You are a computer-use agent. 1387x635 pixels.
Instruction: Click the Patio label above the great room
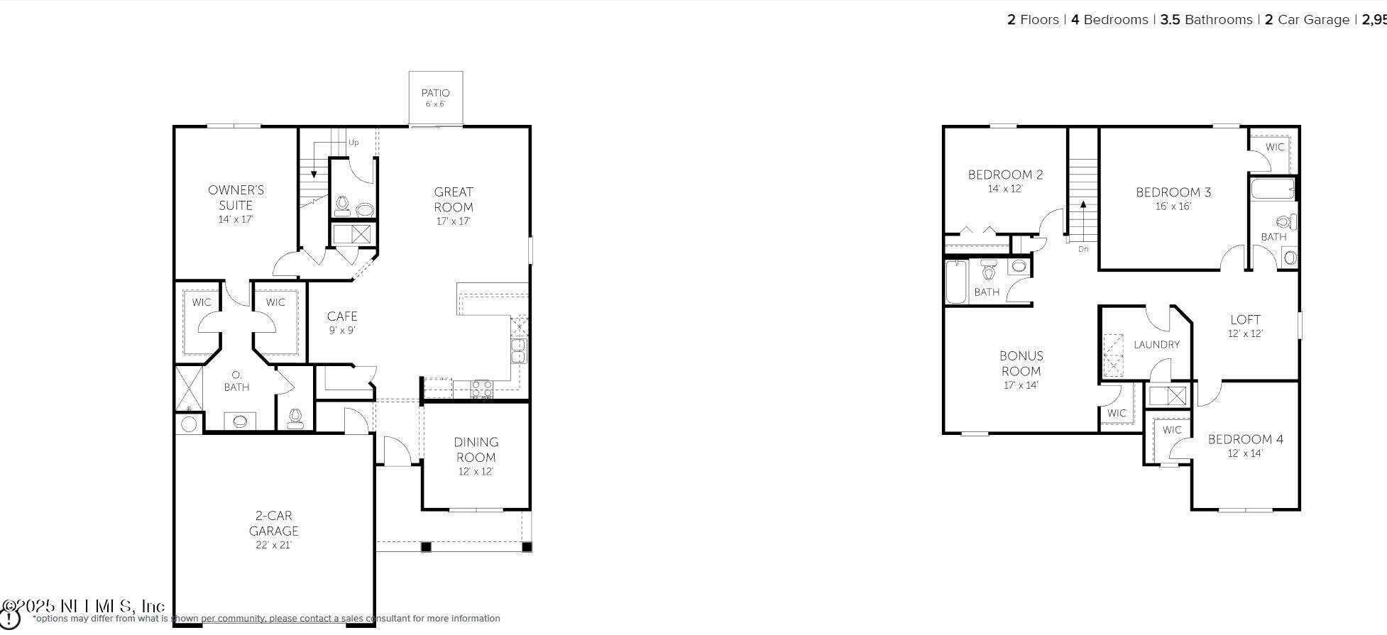coord(435,93)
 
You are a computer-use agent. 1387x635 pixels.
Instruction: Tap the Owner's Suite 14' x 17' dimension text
coord(236,219)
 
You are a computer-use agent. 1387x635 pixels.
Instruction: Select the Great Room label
coord(454,199)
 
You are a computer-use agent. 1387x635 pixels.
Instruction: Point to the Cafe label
coord(342,316)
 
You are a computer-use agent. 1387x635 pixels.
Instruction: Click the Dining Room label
coord(476,450)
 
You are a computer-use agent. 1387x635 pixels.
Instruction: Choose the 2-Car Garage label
coord(273,524)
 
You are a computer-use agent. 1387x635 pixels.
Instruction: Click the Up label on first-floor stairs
coord(353,143)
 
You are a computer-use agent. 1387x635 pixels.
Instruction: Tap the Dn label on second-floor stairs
coord(1083,249)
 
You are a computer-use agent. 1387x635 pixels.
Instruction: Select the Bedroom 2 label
coord(1005,175)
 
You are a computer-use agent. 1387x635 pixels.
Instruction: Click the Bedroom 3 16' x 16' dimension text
coord(1173,206)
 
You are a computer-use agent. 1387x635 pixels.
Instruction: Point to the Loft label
coord(1245,319)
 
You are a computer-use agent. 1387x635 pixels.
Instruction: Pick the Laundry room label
coord(1156,345)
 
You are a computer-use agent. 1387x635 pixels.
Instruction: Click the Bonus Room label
coord(1021,363)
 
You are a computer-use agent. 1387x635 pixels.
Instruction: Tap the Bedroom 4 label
coord(1245,439)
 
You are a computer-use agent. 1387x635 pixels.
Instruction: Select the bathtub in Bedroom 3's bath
coord(1272,189)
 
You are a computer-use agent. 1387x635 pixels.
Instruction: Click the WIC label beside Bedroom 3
coord(1275,147)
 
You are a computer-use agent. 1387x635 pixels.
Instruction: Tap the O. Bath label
coord(236,381)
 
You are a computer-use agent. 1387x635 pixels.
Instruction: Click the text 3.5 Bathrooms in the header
coord(1206,20)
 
